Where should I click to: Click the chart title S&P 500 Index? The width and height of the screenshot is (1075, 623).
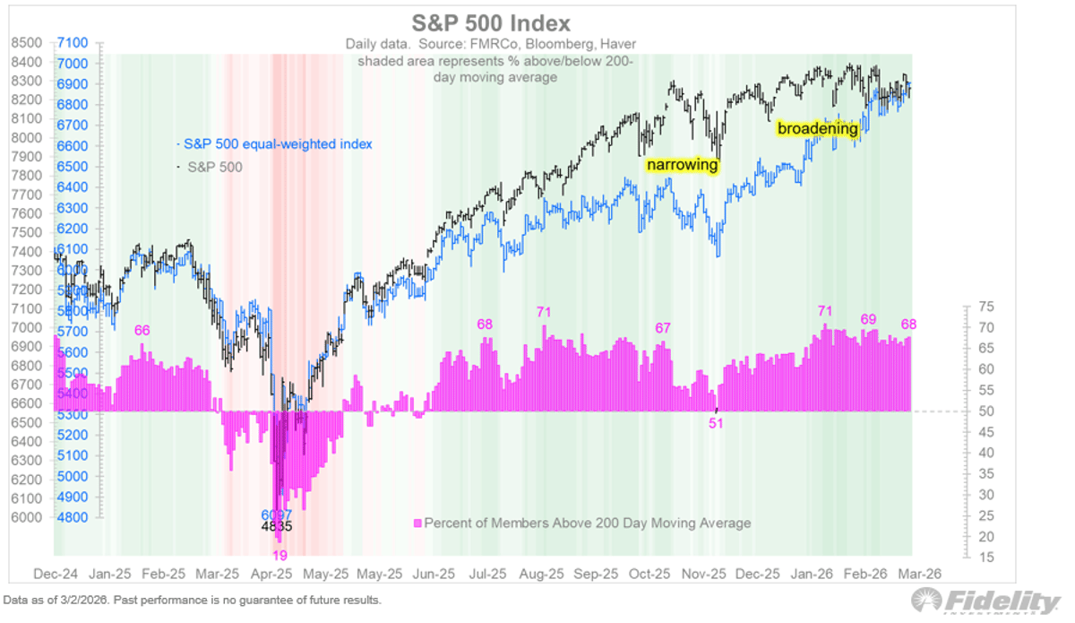[490, 22]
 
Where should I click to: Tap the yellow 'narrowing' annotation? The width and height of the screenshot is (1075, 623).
[683, 165]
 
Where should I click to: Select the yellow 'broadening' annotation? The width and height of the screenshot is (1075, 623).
[817, 129]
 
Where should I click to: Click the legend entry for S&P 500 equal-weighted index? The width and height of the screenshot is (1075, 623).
[276, 143]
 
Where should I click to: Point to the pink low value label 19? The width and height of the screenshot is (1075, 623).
[279, 556]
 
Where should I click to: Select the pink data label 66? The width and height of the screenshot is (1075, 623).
[142, 331]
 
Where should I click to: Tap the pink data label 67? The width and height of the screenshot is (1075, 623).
[663, 328]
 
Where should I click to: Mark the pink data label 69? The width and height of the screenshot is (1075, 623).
[868, 319]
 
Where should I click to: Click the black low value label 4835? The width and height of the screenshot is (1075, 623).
[277, 527]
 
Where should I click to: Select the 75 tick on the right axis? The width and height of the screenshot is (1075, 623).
[984, 307]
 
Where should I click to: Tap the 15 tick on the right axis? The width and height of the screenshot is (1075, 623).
[984, 558]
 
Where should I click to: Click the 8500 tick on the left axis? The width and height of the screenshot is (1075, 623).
[27, 42]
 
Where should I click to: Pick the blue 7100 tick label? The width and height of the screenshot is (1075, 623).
[73, 42]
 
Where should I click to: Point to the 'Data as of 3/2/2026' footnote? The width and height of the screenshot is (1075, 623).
[193, 601]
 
